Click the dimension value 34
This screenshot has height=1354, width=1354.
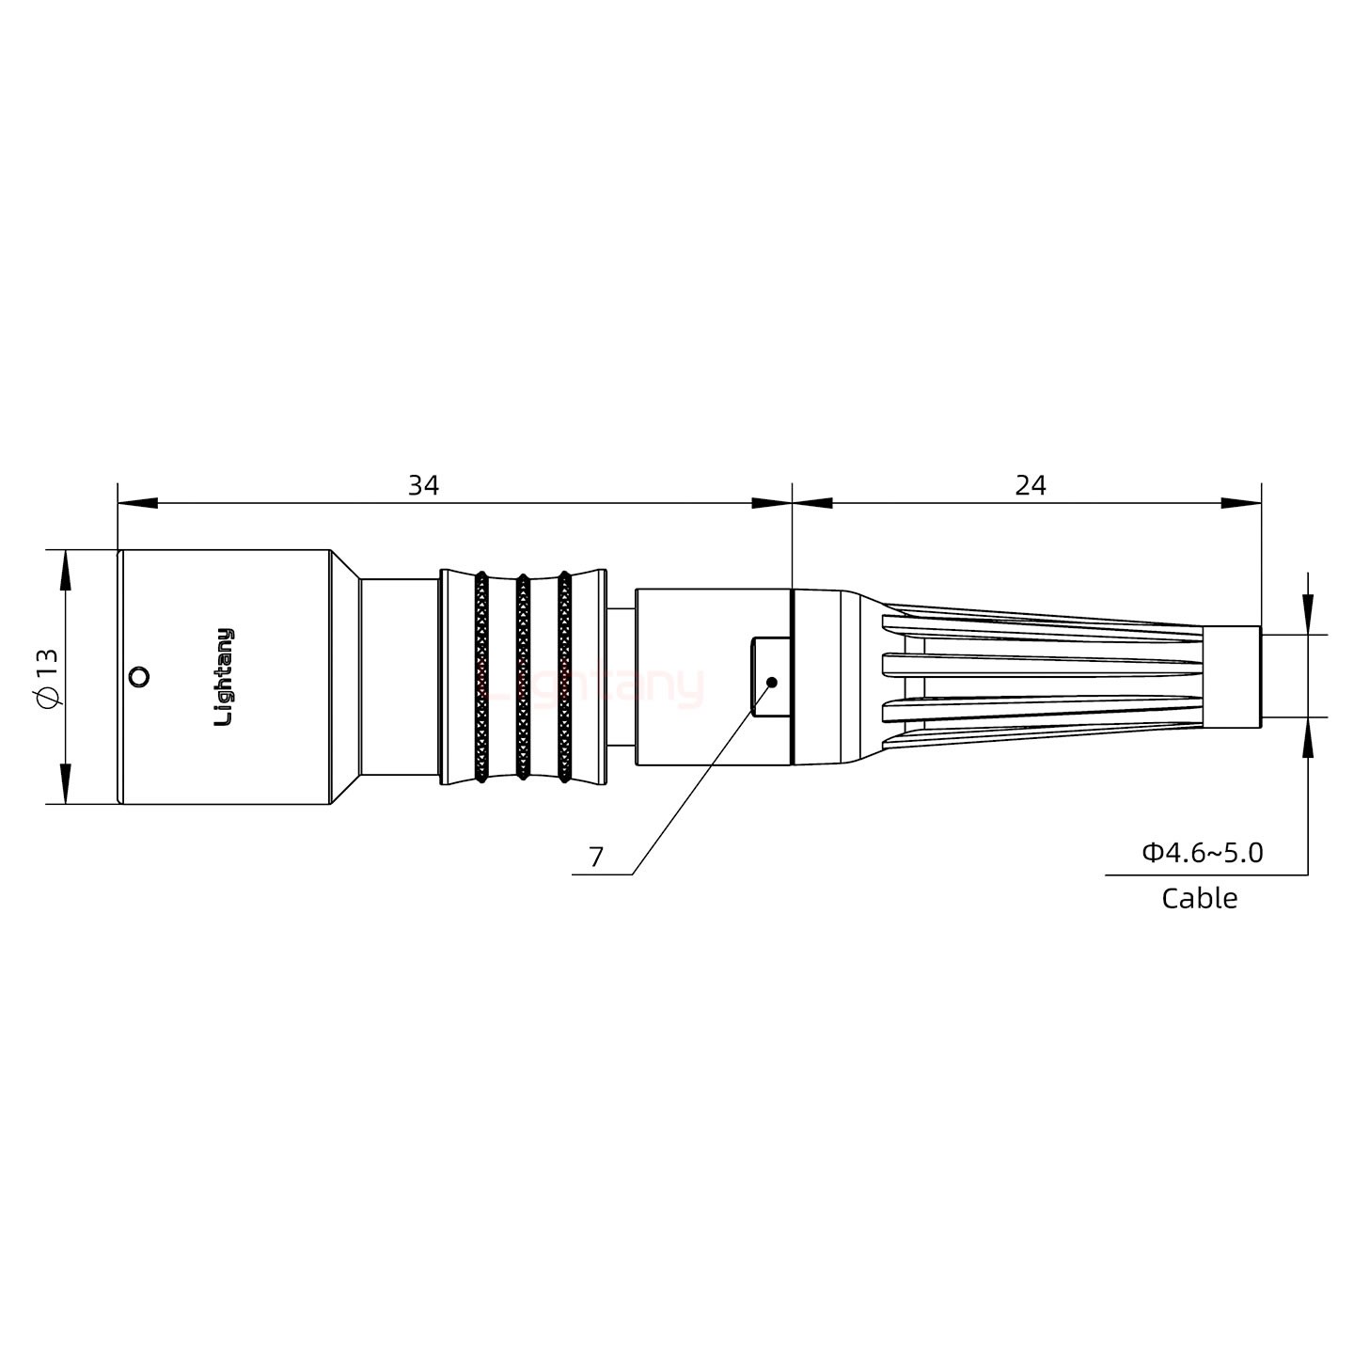[422, 486]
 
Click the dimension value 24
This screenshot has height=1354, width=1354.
[1031, 486]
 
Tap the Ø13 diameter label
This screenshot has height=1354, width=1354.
[46, 677]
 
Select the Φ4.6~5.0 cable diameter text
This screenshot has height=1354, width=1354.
[1203, 853]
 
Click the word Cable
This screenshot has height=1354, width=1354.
[1199, 898]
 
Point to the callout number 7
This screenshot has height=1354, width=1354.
[595, 857]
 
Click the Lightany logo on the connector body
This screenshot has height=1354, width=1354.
[224, 677]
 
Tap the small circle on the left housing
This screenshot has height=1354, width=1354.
[138, 677]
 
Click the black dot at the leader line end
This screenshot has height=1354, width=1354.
[771, 682]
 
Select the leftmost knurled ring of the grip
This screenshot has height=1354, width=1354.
[480, 677]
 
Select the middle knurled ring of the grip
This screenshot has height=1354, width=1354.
[522, 677]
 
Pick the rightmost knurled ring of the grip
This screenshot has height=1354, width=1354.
[564, 677]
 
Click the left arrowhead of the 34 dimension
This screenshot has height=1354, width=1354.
[136, 504]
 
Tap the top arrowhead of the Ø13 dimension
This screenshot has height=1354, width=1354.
[65, 569]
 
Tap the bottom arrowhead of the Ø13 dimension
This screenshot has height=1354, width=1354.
[65, 785]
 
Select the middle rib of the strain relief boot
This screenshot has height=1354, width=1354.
[1044, 667]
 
